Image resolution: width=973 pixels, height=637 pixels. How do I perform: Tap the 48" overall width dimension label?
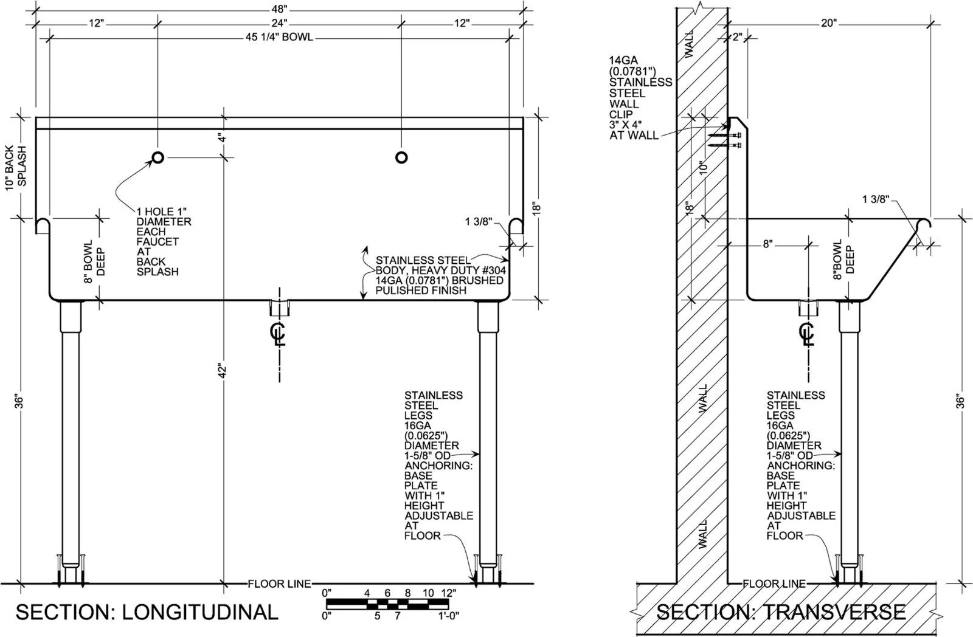coord(279,9)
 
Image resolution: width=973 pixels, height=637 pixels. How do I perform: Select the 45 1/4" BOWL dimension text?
coord(279,37)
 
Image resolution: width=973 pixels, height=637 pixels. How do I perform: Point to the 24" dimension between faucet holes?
coord(279,22)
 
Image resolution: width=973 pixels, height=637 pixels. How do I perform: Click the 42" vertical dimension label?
coord(223,370)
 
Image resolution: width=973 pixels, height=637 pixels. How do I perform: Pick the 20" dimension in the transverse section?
coord(828,23)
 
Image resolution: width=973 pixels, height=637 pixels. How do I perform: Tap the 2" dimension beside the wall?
coord(737,37)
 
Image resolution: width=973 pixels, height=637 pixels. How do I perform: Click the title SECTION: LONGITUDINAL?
coord(147,612)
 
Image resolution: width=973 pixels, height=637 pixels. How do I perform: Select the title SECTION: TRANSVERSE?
coord(781,612)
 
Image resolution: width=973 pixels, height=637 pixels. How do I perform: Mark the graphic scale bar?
coord(387,604)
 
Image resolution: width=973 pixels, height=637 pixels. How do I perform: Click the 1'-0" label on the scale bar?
coord(448,615)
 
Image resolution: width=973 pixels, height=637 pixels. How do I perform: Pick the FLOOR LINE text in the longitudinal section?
coord(279,584)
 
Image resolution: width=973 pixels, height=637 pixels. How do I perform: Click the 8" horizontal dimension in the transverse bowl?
coord(767,244)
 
